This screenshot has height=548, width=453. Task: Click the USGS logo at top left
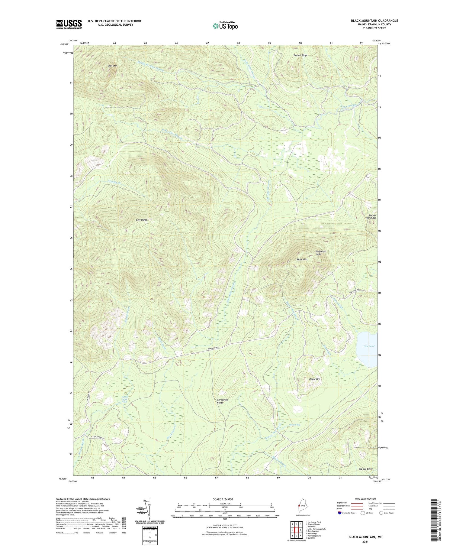coord(69,24)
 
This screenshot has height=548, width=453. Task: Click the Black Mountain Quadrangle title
coord(374,21)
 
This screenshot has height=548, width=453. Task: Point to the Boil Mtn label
coord(113,66)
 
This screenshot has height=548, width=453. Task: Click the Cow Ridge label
coord(142,220)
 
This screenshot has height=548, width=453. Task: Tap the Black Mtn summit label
coord(302,259)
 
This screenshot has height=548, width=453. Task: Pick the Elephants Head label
coord(321,253)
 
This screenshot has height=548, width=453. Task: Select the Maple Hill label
coord(314,379)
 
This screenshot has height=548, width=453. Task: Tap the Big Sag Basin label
coord(365,469)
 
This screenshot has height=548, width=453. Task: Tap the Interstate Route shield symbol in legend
coord(340,513)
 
